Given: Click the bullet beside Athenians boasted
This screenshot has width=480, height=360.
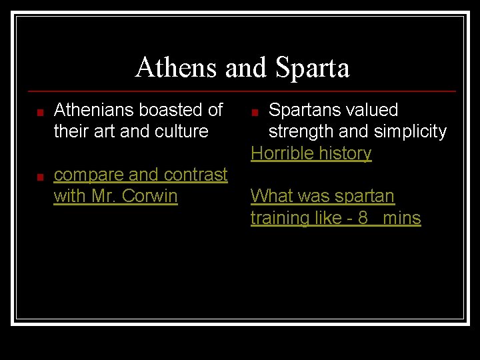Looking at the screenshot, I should coord(41,112).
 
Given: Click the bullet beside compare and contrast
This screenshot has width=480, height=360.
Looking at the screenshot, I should coord(41,177).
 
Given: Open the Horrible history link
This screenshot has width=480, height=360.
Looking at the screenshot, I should coord(311,153).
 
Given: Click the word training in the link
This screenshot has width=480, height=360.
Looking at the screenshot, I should coord(281,219).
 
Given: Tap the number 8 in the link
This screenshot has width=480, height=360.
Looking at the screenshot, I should coord(363,218).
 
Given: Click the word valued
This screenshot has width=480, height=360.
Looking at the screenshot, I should coord(375,110).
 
